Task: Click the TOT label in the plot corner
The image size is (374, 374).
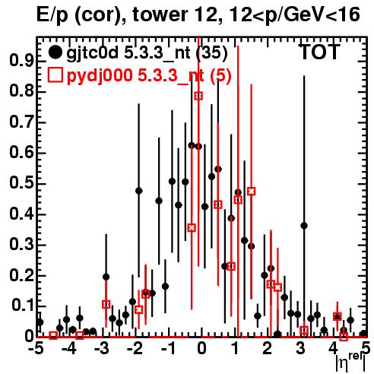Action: [319, 52]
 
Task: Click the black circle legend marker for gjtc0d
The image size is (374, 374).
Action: [55, 52]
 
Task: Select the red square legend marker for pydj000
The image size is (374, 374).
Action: [55, 75]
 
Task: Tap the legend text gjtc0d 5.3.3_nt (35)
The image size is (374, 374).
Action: [147, 53]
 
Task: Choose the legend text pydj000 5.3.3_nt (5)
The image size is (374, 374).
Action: [149, 76]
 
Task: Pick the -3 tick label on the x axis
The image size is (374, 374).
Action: [102, 349]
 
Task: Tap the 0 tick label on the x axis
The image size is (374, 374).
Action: [201, 349]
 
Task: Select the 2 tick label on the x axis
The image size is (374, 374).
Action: [268, 349]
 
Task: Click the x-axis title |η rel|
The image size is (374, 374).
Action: [350, 363]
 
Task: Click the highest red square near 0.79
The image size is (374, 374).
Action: [198, 96]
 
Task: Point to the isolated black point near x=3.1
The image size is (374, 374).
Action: [304, 226]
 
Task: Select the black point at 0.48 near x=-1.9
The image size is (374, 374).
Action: [138, 191]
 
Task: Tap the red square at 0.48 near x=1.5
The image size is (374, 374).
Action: [251, 191]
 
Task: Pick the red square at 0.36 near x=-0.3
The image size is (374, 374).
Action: [192, 228]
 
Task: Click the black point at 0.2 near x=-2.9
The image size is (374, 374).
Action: [106, 277]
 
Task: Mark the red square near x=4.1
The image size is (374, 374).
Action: [337, 316]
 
